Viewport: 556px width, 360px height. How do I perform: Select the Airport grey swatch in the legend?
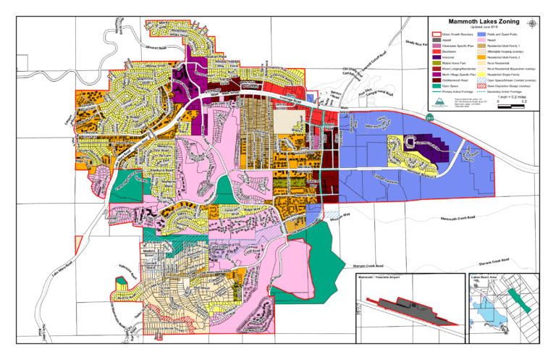click(x=437, y=41)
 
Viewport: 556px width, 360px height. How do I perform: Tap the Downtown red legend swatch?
click(x=437, y=54)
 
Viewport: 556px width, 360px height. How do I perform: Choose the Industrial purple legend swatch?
click(x=437, y=60)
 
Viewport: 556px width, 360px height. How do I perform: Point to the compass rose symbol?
click(x=534, y=23)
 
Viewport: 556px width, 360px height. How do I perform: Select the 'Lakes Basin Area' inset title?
click(x=485, y=277)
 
